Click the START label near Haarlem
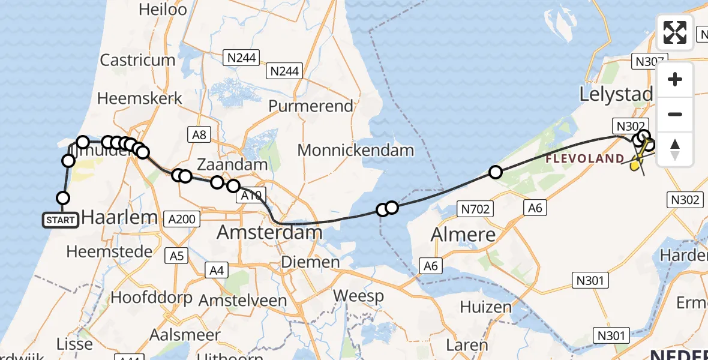[x=61, y=220]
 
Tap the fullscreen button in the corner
[x=675, y=32]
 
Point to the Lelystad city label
[x=616, y=94]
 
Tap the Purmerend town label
[x=311, y=106]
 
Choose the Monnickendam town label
[x=356, y=150]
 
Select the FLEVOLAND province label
[x=584, y=159]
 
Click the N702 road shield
[x=475, y=209]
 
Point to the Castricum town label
[x=137, y=60]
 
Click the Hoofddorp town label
[x=152, y=298]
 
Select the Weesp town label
[x=358, y=296]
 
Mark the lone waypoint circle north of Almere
[x=495, y=172]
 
